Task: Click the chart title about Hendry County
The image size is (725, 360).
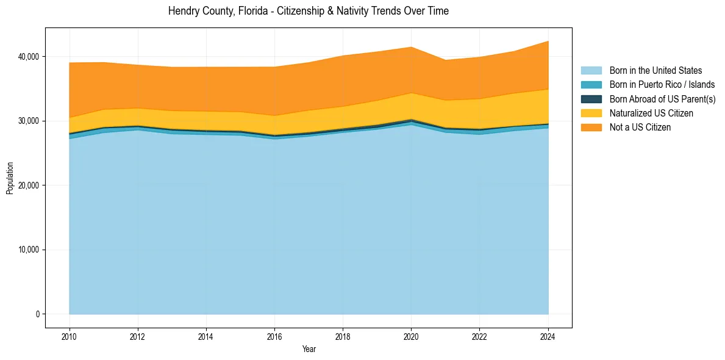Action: coord(309,11)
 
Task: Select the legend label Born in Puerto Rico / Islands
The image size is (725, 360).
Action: coord(662,85)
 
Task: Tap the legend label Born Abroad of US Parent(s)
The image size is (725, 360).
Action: coord(662,99)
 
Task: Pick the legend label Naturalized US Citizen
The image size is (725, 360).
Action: coord(651,113)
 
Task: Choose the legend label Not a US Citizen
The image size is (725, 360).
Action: coord(640,127)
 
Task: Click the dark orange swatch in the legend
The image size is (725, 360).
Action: coord(591,127)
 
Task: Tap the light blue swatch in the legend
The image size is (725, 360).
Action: coord(591,71)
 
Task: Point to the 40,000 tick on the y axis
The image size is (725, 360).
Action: coord(29,57)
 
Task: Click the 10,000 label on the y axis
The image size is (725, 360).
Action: coord(29,250)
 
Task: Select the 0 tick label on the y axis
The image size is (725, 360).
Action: coord(37,314)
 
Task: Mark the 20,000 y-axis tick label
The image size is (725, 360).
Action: coord(29,185)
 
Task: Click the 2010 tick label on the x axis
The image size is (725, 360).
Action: coord(70,336)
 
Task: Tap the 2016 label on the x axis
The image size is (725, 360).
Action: coord(274,336)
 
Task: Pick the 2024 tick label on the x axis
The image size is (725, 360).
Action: coord(548,336)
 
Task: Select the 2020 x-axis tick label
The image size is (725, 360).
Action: coord(411,336)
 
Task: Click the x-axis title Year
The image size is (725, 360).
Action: coord(309,350)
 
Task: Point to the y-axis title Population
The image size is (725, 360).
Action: coord(10,178)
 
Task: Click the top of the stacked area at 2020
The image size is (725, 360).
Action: coord(411,47)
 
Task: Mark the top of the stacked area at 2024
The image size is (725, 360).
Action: coord(548,41)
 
